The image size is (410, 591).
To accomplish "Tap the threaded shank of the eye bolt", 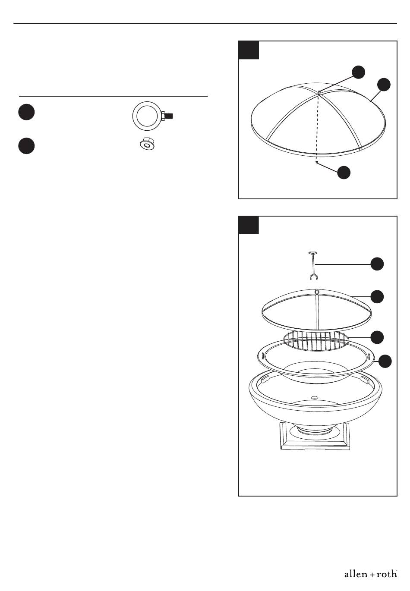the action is click(170, 116).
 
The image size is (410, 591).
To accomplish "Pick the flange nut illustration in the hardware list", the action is click(147, 144).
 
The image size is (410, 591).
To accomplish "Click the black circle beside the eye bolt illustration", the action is click(26, 112).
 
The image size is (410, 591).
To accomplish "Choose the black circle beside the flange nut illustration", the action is click(26, 146).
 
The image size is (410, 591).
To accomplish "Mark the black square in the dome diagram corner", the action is click(249, 50).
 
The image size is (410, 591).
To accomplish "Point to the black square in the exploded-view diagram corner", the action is click(249, 225).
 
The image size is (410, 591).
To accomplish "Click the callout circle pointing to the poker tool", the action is click(377, 264).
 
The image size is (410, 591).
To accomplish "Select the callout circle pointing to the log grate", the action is click(377, 337).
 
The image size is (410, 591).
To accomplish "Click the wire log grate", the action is click(316, 341).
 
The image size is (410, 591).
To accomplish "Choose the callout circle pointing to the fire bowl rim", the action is click(385, 361).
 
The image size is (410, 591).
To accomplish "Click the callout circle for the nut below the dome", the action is click(344, 173).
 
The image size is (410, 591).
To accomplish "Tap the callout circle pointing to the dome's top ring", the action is click(359, 72).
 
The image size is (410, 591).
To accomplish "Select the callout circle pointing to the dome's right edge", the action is click(384, 85).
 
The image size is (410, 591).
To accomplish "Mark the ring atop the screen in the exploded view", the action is click(317, 292).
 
